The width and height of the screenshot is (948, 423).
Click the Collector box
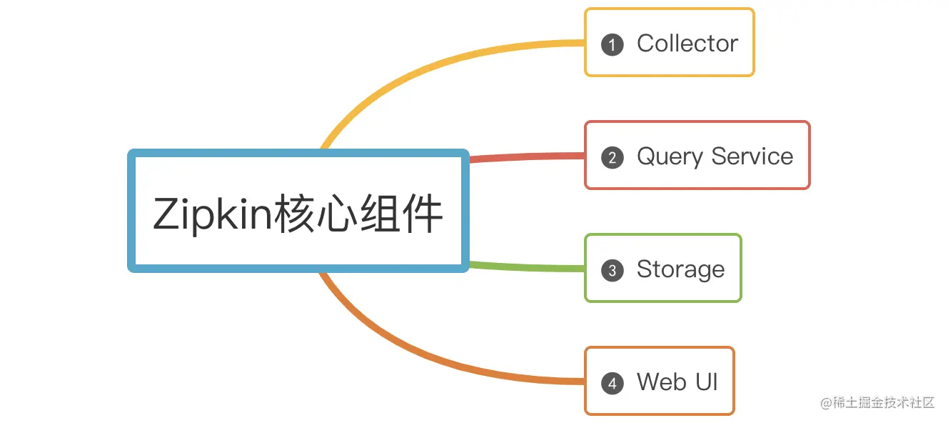(669, 42)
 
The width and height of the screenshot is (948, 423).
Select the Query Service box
(697, 155)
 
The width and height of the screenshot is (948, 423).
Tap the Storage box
(662, 268)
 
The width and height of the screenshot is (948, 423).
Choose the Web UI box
(659, 381)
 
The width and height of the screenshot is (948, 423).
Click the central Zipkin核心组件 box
(298, 211)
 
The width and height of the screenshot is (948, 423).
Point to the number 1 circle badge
(612, 44)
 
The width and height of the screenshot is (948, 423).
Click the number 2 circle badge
(612, 157)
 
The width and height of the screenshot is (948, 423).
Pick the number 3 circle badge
(612, 270)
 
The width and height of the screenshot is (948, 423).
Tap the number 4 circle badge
(612, 383)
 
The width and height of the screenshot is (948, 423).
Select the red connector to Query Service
(528, 156)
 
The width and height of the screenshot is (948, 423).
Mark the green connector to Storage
(528, 267)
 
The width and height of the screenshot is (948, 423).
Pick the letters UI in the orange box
(707, 382)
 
